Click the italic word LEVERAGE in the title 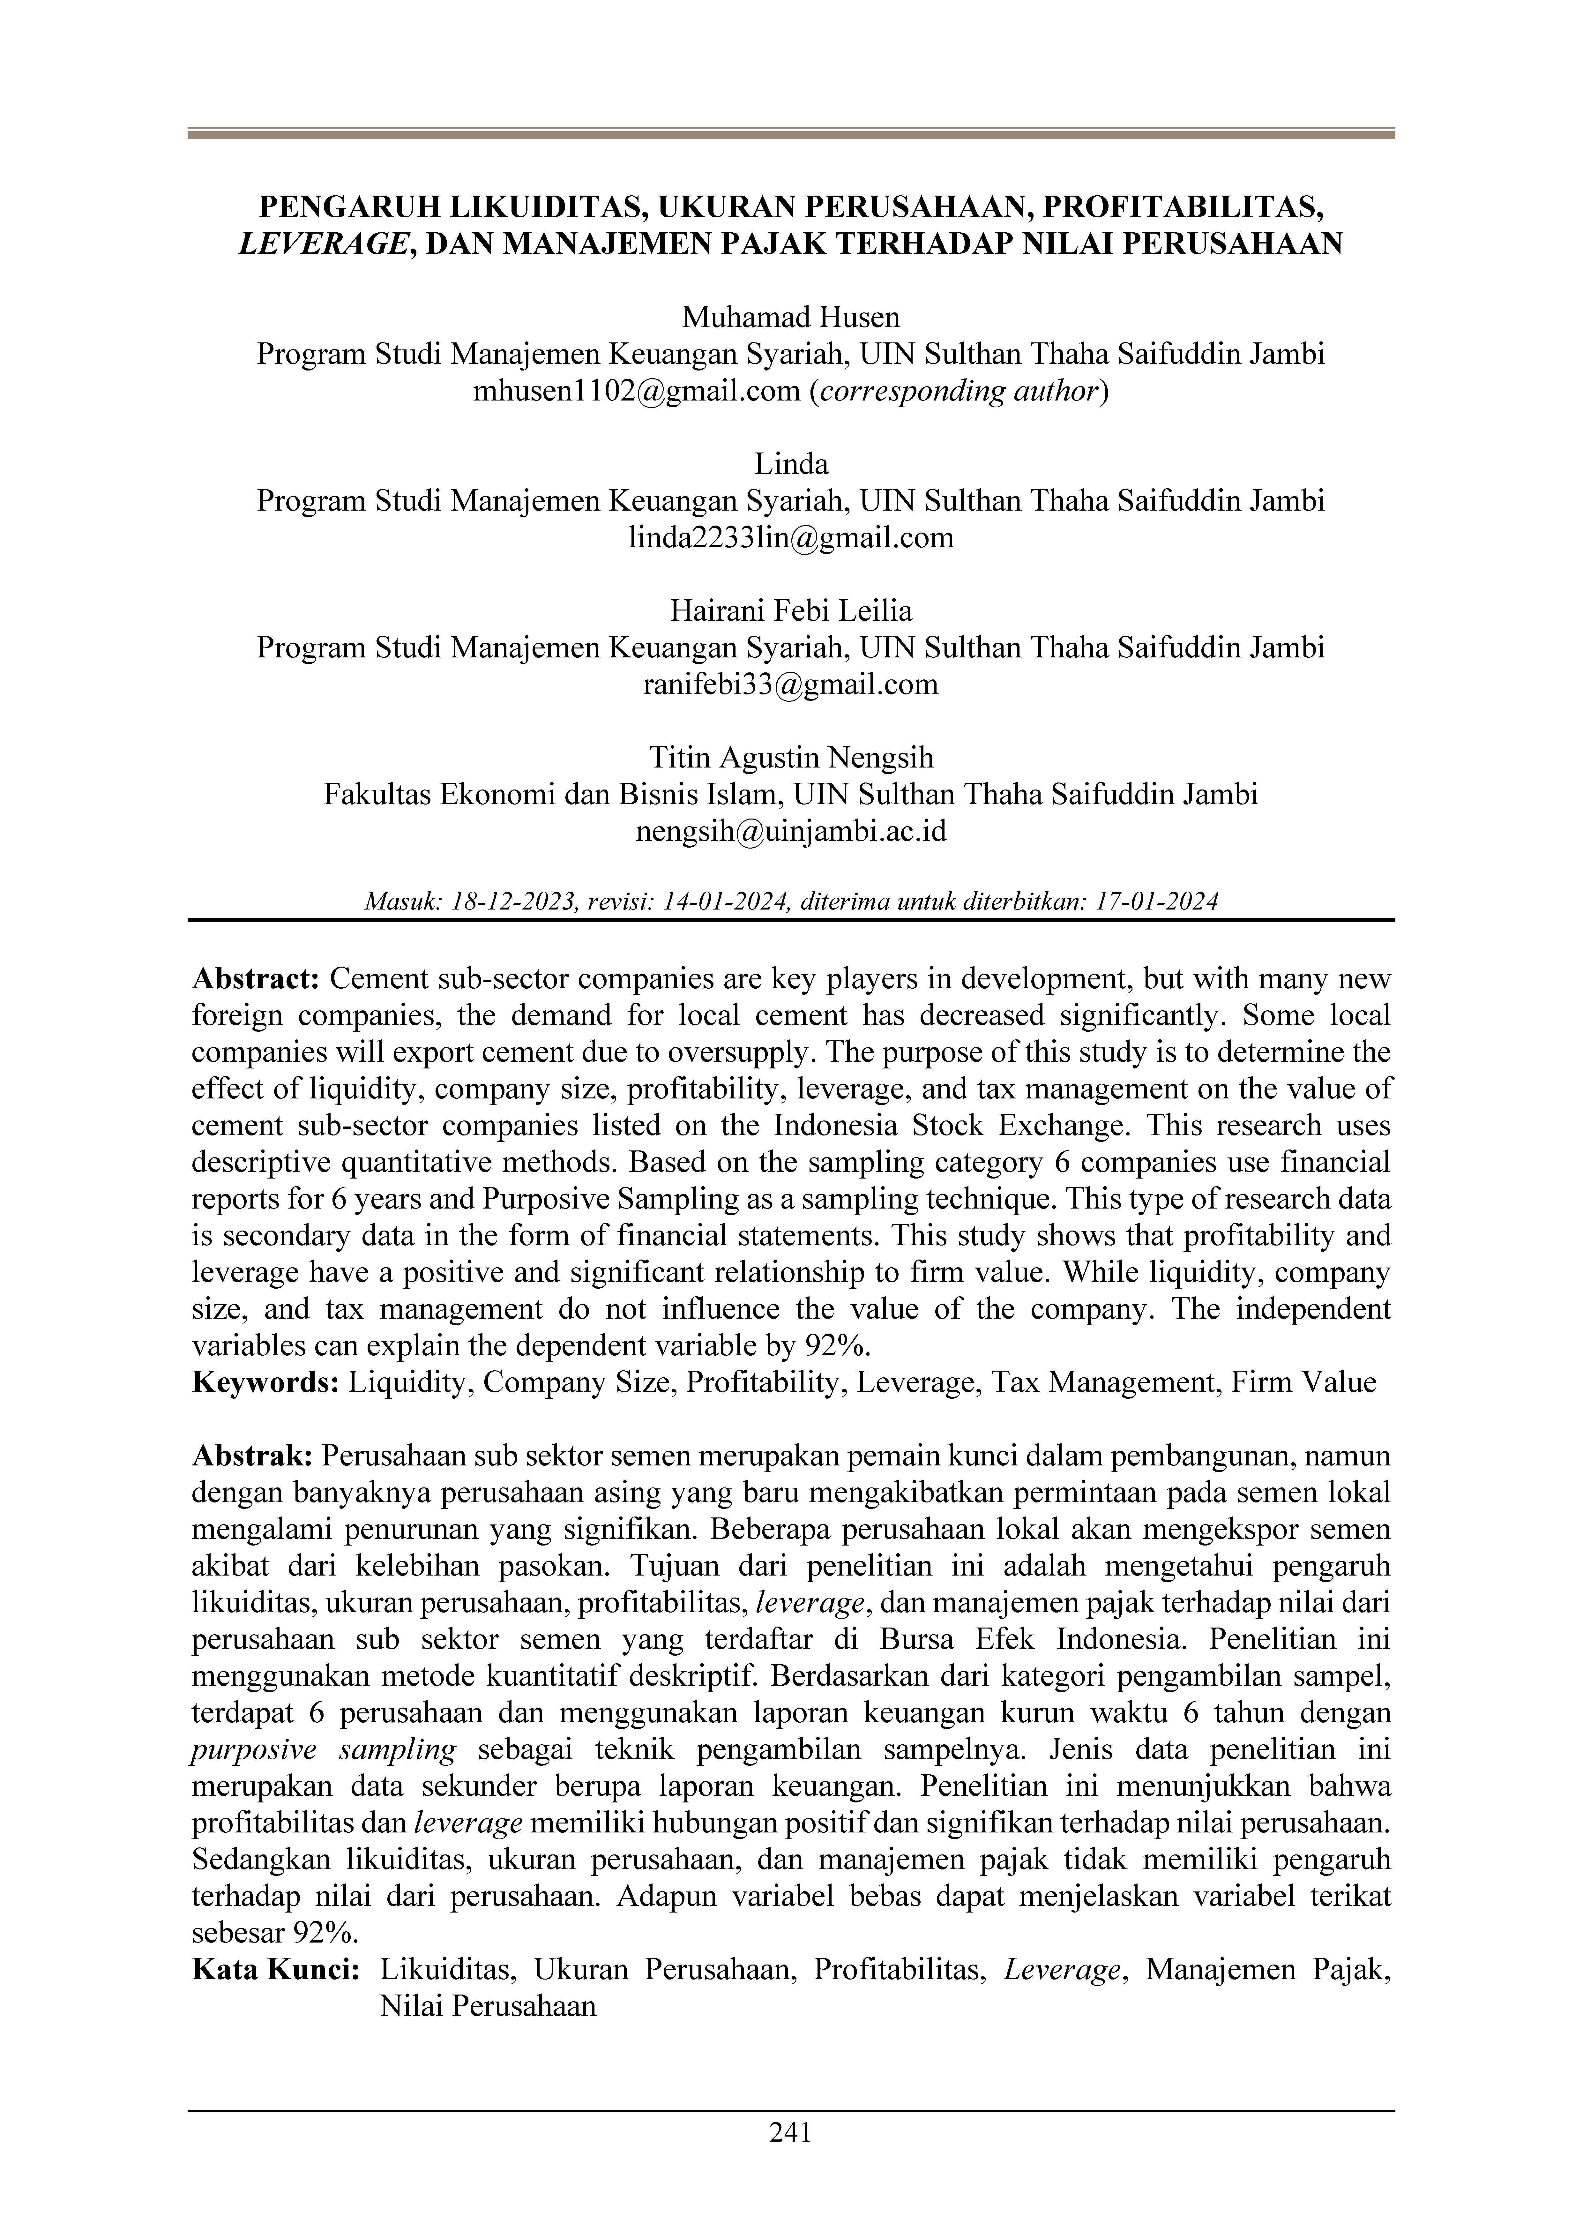(322, 244)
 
